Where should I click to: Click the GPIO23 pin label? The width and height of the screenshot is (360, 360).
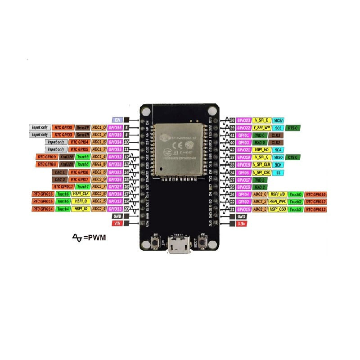[x=243, y=121]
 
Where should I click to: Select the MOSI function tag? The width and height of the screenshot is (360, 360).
[x=278, y=121]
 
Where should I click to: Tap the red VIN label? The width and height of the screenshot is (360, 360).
[x=117, y=223]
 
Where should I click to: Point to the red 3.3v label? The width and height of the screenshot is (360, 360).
[x=241, y=223]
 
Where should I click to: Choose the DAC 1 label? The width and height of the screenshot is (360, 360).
[x=60, y=172]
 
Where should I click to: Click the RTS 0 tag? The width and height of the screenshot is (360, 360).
[x=293, y=128]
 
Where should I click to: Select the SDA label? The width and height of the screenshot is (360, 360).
[x=278, y=150]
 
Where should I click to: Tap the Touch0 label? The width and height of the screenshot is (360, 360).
[x=295, y=194]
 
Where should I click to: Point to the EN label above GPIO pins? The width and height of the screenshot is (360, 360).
[x=117, y=120]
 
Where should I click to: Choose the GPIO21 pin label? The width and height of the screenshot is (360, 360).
[x=243, y=150]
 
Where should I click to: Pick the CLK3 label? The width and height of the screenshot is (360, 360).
[x=276, y=135]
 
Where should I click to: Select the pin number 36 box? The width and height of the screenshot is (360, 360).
[x=232, y=121]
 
